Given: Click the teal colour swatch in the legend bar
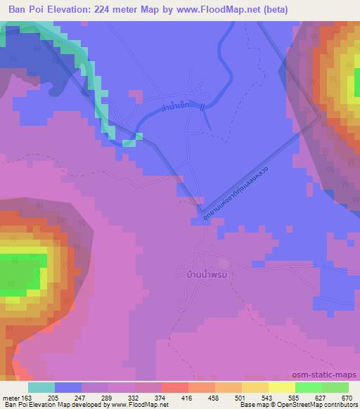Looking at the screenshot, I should coord(41,387).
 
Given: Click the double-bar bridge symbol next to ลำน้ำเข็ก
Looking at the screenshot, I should coord(203,108).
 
